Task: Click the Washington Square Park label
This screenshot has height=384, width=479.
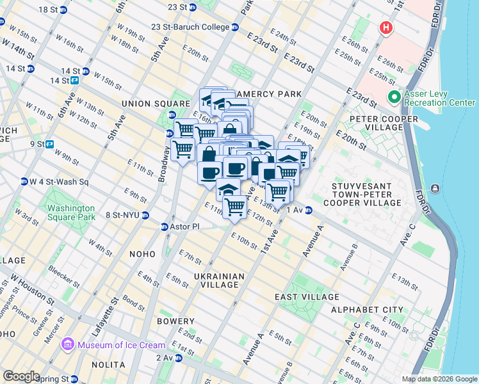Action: pos(71,212)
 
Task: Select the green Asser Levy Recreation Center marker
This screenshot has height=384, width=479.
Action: pos(394,97)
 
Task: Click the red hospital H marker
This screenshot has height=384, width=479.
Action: pos(386,28)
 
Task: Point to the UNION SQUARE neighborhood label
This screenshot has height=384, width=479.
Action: pos(150,104)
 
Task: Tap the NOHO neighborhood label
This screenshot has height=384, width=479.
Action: pos(142,254)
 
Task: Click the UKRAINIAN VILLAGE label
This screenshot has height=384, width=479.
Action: pos(220,281)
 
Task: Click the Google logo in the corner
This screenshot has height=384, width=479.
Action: pos(20,376)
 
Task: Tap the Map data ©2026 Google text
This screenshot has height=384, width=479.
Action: pos(439,379)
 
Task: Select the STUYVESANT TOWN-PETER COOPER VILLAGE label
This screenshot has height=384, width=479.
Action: pos(366,194)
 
